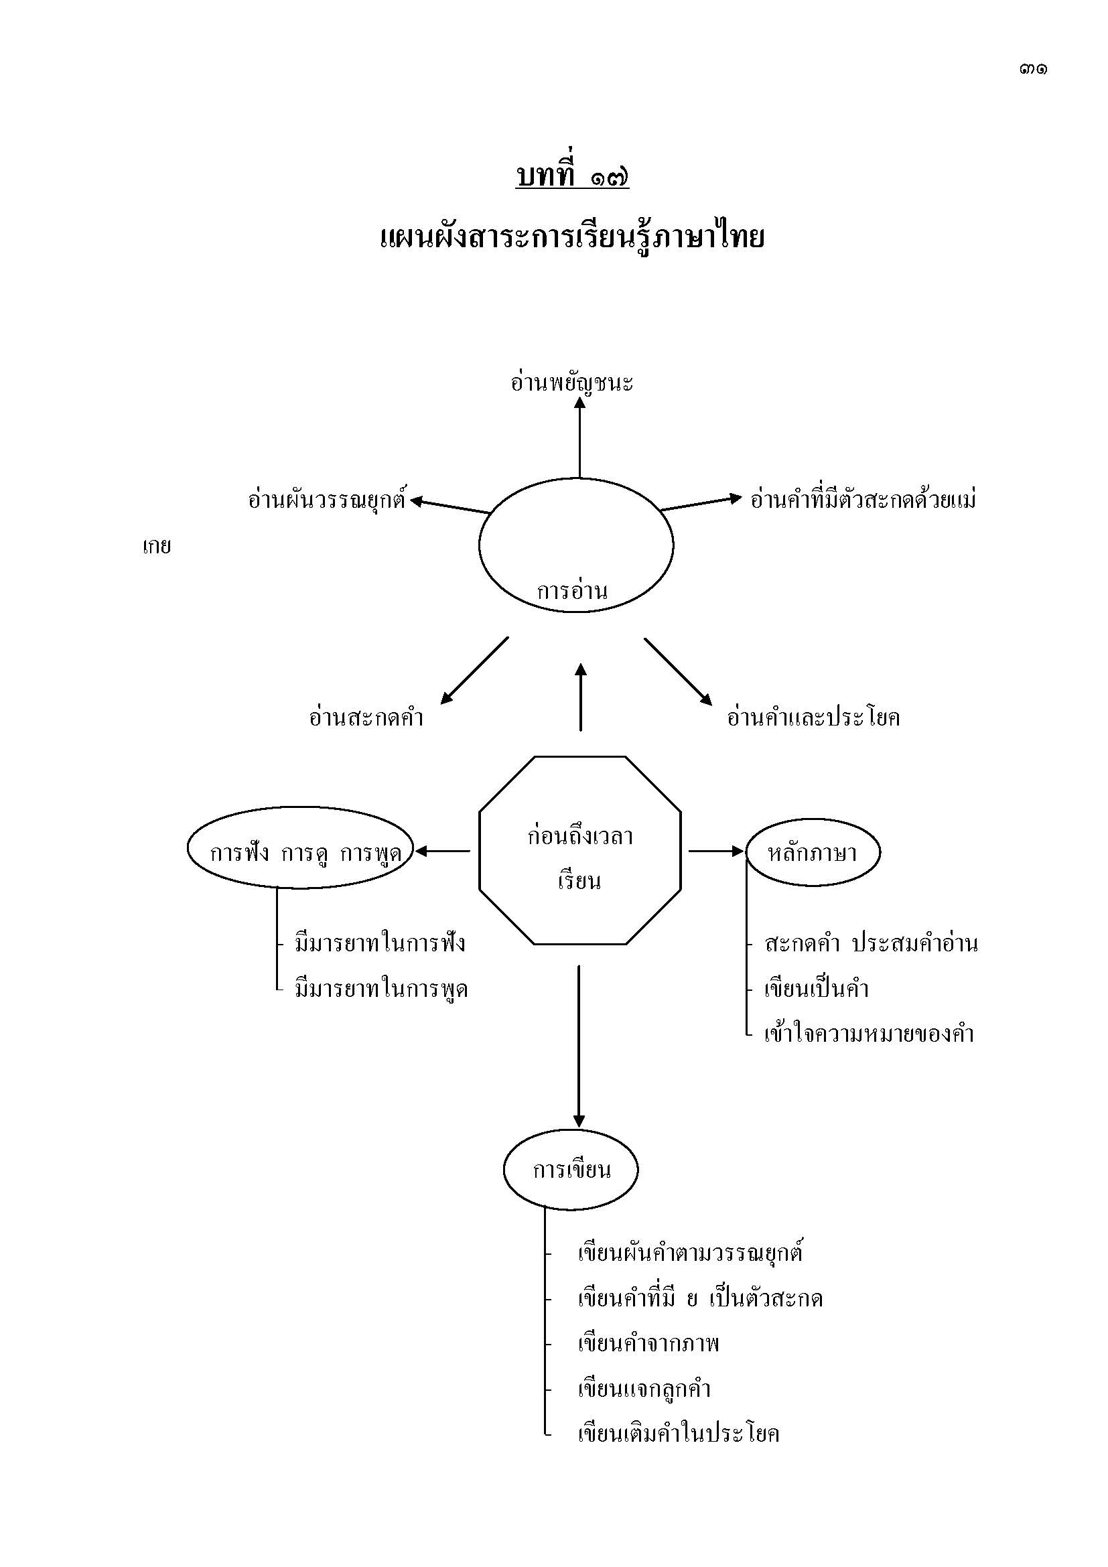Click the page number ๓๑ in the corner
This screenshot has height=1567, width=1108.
coord(1033,69)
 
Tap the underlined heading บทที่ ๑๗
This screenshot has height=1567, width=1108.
coord(571,177)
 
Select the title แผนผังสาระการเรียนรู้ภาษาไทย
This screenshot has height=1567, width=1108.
coord(571,239)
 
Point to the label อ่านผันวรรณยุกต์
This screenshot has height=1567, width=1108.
coord(327,500)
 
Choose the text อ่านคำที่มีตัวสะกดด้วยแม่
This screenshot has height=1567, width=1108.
coord(863,500)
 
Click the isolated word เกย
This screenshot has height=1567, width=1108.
coord(156,547)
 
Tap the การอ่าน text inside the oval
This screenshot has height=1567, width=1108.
coord(571,591)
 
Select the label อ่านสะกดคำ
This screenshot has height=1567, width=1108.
coord(366,718)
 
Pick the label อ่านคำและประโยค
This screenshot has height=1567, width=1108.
coord(813,718)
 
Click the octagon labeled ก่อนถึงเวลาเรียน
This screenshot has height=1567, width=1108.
coord(580,850)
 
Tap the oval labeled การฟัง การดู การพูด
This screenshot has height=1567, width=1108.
coord(301,851)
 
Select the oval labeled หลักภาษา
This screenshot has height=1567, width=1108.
coord(813,852)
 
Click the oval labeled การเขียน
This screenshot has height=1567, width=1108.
coord(571,1170)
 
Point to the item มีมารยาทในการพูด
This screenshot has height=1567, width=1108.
coord(380,989)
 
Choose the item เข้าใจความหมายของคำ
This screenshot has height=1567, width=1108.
coord(869,1034)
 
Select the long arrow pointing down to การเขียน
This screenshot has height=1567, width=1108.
coord(579,1044)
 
